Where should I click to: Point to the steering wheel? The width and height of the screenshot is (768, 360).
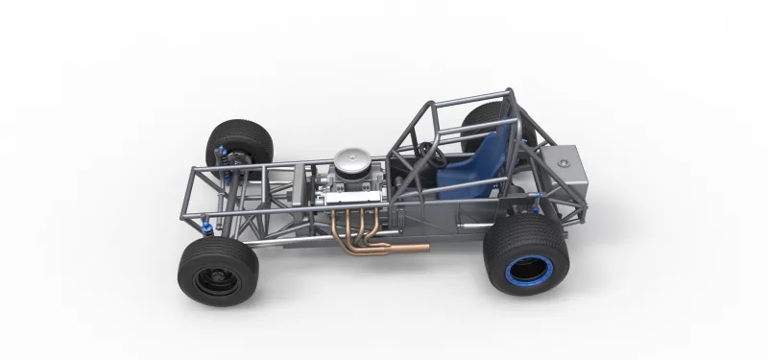coord(428,154)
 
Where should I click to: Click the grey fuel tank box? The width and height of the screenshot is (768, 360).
coord(566,179)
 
